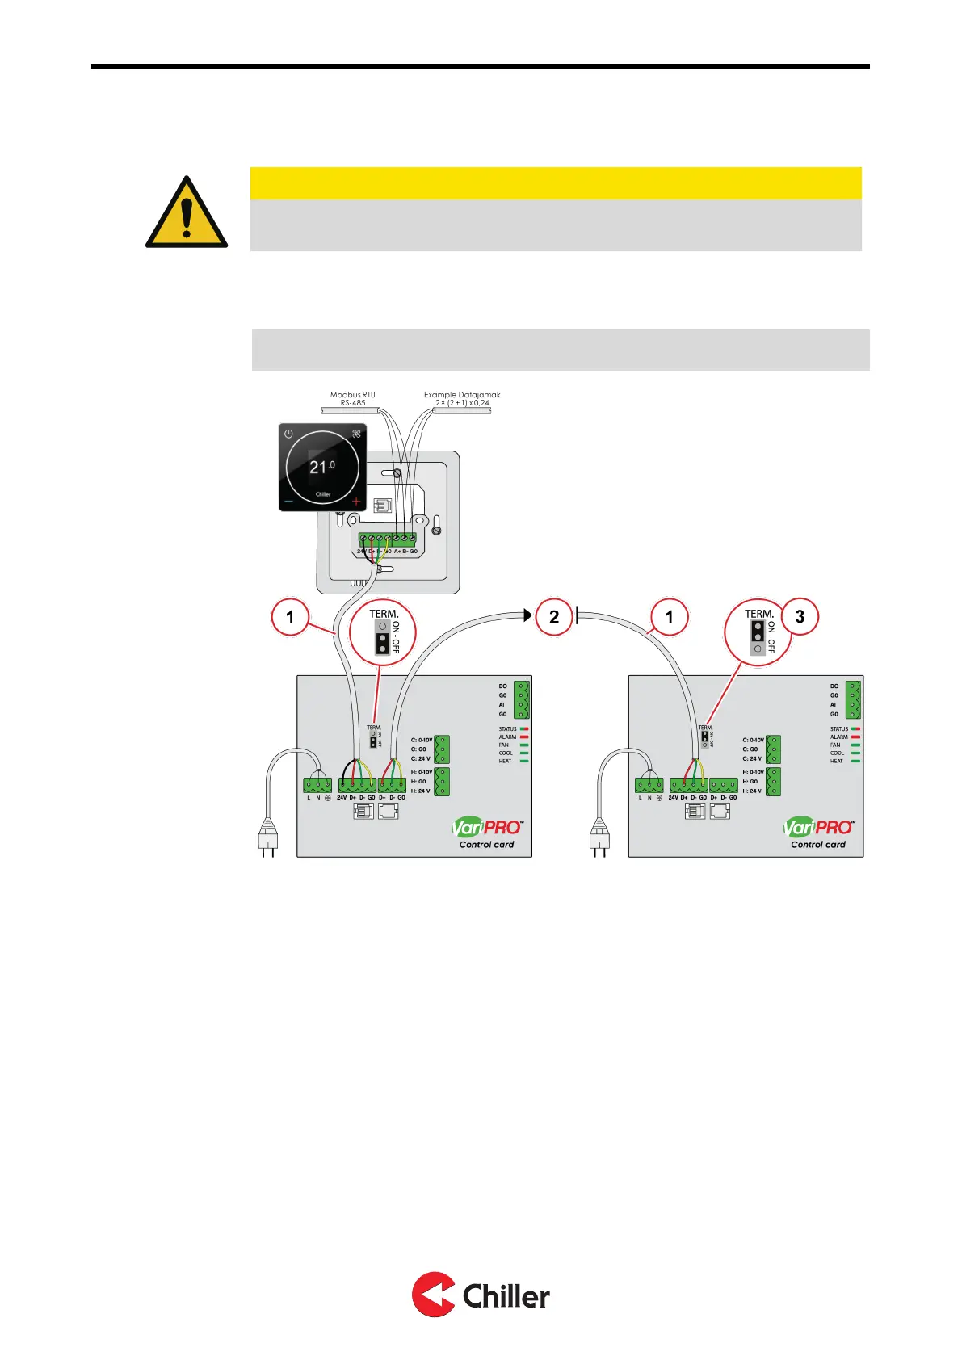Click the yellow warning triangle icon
click(187, 213)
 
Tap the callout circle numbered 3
click(800, 617)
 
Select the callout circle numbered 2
click(554, 618)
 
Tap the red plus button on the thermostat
click(356, 502)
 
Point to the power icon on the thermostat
click(288, 434)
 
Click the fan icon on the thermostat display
click(356, 434)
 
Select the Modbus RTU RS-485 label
click(352, 398)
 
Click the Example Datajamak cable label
click(462, 398)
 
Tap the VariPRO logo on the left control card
click(487, 828)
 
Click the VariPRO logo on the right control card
click(818, 828)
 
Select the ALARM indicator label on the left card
click(507, 737)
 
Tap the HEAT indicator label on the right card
click(837, 761)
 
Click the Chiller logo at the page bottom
click(481, 1295)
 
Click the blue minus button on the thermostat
click(289, 502)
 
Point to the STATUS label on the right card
click(839, 729)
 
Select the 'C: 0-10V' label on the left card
click(422, 740)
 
